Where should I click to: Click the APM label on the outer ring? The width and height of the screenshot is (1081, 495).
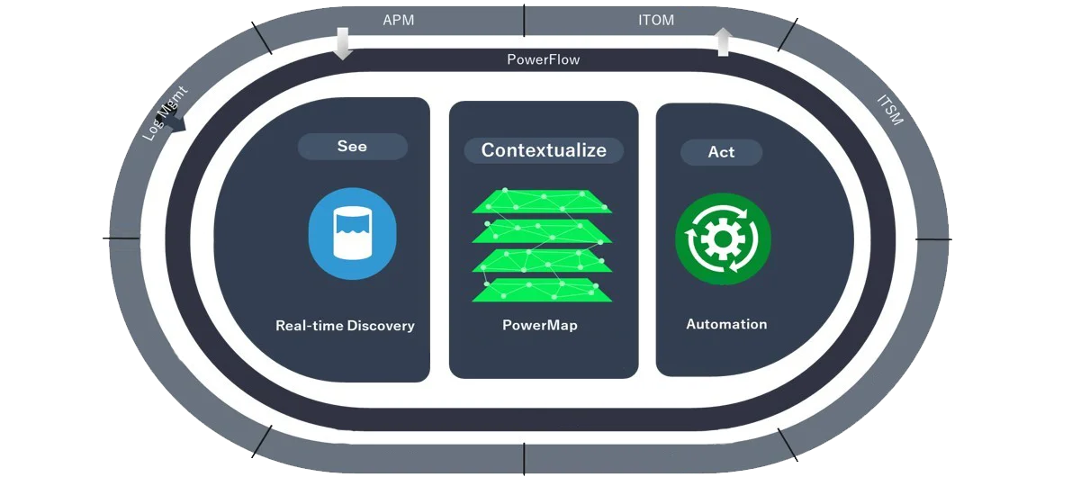[398, 20]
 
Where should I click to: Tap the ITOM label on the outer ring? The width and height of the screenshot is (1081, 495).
[655, 20]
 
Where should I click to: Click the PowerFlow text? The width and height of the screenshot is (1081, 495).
[543, 59]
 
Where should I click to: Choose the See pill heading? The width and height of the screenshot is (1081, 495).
[352, 147]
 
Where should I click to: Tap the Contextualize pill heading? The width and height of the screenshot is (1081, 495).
[544, 150]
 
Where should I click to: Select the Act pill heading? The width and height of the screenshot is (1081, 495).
[721, 152]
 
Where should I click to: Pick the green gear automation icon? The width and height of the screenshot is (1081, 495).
[723, 239]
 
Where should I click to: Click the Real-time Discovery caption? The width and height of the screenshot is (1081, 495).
[345, 326]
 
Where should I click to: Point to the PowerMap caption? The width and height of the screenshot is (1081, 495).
[540, 325]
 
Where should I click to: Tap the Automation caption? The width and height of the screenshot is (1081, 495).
[726, 324]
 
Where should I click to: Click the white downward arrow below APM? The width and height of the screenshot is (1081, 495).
[342, 42]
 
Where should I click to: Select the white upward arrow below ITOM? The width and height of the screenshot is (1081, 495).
[723, 41]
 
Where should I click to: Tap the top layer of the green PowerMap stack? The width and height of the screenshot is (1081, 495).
[542, 201]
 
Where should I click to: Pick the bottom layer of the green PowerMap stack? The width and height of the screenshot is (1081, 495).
[542, 290]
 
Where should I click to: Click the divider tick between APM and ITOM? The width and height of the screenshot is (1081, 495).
[524, 19]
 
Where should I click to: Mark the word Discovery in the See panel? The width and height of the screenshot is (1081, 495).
[381, 326]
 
